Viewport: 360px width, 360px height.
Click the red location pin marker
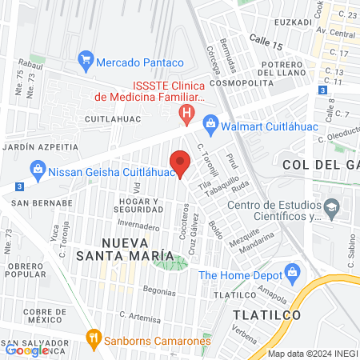coord(180,162)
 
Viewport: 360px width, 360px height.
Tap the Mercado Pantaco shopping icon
coord(86,61)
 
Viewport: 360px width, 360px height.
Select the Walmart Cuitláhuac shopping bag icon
coord(210,122)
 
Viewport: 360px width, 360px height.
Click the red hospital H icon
coord(187,114)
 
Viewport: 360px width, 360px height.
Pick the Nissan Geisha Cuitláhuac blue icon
coord(37,169)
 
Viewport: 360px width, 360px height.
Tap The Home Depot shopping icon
coord(293,274)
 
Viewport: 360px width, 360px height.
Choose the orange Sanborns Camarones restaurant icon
coord(94,338)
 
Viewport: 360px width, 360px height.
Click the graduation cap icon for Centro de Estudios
coord(330,210)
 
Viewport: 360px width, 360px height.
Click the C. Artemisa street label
coord(134,316)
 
